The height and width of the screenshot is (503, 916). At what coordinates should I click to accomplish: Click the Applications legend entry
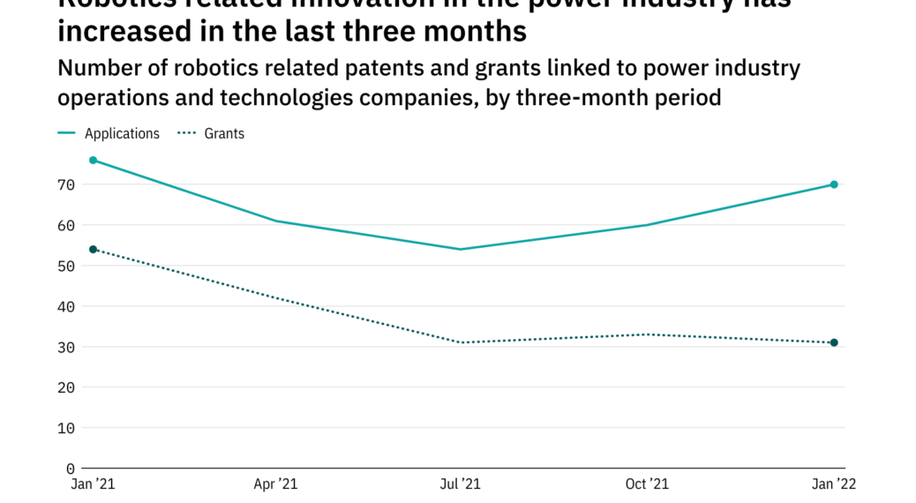coord(122,134)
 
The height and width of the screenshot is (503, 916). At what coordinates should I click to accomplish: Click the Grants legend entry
coord(224,134)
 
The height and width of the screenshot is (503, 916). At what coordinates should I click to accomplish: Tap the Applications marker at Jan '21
coord(93,161)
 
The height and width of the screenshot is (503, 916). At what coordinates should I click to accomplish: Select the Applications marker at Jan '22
coord(833,184)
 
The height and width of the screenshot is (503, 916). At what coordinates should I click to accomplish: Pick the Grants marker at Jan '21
coord(93,250)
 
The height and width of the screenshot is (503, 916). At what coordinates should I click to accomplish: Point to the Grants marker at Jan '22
coord(833,342)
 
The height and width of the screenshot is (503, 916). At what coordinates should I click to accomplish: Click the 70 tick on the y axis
coord(67,185)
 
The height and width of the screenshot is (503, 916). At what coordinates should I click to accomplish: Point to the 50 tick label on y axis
coord(67,267)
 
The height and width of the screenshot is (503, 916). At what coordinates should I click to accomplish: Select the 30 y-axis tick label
coord(67,348)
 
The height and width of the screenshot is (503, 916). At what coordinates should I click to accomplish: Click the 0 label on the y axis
coord(71,469)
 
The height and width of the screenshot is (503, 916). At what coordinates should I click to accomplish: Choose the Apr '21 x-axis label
coord(277,484)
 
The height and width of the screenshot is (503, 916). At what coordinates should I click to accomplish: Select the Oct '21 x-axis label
coord(647,484)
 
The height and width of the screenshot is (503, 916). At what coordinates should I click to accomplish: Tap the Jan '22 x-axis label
coord(833,484)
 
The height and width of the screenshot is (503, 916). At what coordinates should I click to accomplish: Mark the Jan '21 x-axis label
coord(93,484)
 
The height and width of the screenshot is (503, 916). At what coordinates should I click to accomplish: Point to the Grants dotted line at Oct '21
coord(648,334)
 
